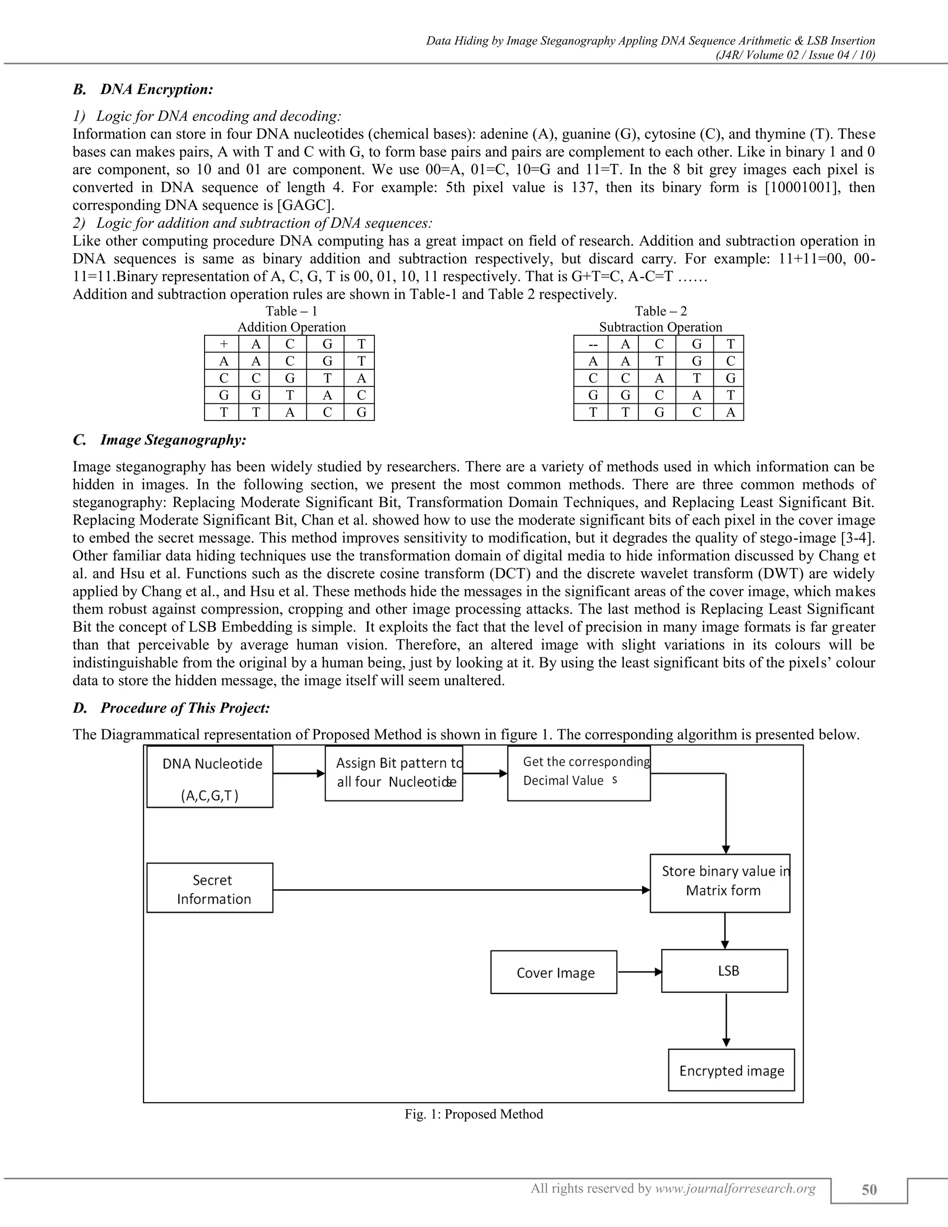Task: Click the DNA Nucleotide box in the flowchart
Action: click(x=210, y=776)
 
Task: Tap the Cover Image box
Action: click(x=553, y=972)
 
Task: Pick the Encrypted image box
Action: click(x=731, y=1070)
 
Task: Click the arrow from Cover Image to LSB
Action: click(x=639, y=972)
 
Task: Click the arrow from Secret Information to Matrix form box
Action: click(x=461, y=890)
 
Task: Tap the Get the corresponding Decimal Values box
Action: click(x=579, y=773)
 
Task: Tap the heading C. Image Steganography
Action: click(x=160, y=439)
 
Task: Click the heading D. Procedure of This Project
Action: click(x=172, y=708)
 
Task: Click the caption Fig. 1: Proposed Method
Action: click(x=474, y=1114)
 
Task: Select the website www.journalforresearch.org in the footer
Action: click(x=735, y=1188)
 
